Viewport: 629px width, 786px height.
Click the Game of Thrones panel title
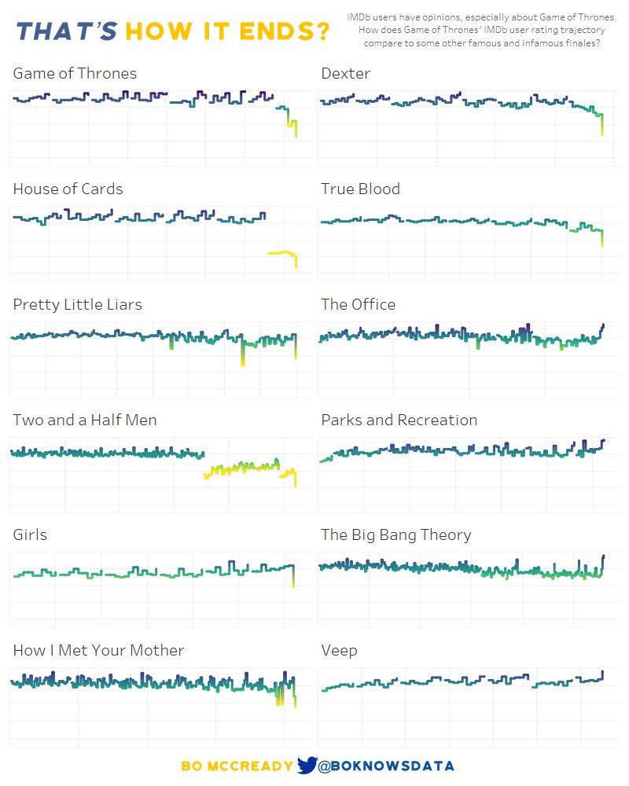[x=75, y=74]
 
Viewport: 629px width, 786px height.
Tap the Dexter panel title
[x=345, y=74]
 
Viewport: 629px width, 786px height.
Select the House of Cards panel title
[x=68, y=189]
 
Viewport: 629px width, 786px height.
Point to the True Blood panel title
[x=360, y=189]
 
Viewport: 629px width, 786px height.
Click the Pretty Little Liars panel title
[x=77, y=305]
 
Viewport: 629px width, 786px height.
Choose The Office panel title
[x=358, y=305]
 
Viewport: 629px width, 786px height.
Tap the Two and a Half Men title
[x=85, y=421]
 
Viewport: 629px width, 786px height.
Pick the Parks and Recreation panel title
[x=399, y=421]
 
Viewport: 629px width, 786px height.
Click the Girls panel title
[x=30, y=535]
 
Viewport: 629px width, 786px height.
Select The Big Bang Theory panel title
[x=395, y=535]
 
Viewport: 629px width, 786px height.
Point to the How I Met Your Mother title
[x=98, y=651]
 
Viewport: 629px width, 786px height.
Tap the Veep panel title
[x=339, y=651]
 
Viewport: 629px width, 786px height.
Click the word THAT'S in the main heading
[x=67, y=32]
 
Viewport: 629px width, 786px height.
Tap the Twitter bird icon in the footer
[x=307, y=766]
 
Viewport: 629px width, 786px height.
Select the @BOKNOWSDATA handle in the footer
[x=386, y=766]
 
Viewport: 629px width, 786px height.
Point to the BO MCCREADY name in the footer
[x=237, y=766]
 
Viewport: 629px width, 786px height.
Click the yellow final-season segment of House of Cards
[x=281, y=253]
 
